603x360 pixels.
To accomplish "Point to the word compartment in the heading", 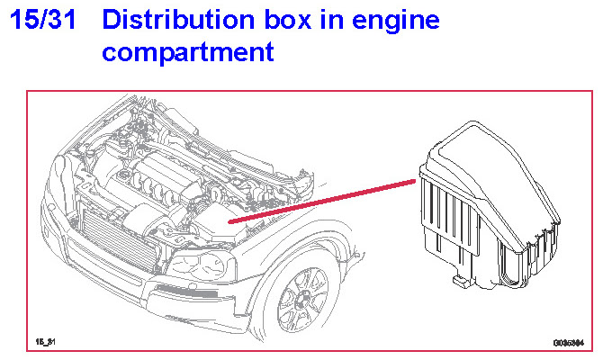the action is [187, 51].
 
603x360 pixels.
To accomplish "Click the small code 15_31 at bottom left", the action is [46, 343].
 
